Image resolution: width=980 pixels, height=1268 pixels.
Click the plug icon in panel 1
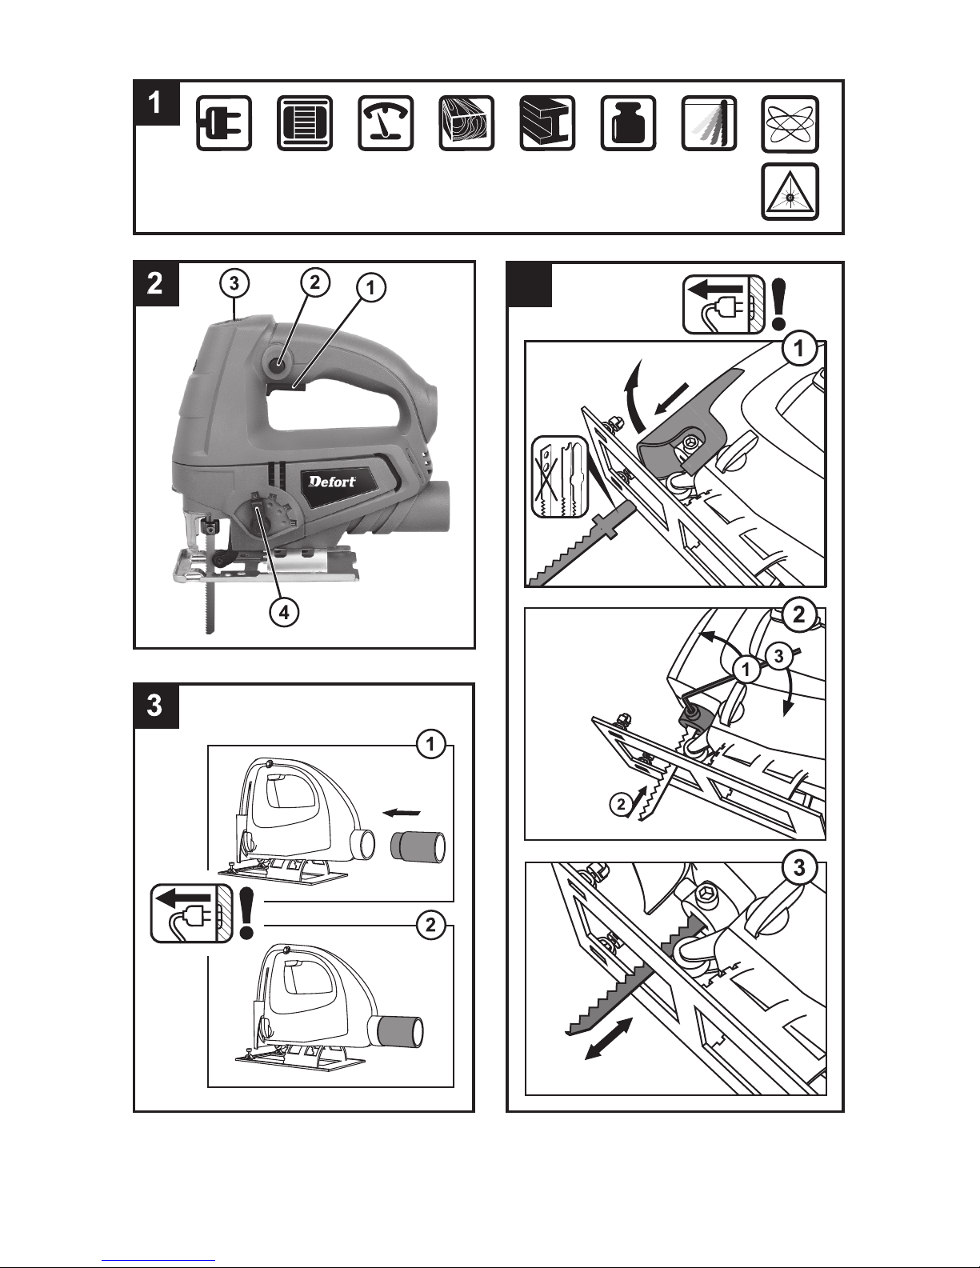224,123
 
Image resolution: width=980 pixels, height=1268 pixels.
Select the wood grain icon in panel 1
466,123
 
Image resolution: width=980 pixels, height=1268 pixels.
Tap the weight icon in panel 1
628,123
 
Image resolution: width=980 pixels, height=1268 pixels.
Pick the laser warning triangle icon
790,192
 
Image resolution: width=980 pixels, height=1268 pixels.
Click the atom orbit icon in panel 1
790,124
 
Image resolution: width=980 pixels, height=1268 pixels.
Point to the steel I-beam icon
547,123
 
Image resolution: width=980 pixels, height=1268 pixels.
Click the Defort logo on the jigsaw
332,482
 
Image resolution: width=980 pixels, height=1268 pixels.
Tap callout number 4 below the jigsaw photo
284,613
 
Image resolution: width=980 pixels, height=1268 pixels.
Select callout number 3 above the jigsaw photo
234,283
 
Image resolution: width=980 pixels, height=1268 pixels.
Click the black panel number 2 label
156,283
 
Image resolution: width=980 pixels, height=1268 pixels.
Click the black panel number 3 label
156,706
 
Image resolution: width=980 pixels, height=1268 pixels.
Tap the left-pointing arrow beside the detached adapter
402,812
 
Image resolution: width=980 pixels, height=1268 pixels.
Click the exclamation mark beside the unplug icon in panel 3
246,914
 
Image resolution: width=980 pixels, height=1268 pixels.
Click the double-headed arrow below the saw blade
609,1038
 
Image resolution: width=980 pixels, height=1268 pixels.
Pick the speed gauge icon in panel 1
386,123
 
